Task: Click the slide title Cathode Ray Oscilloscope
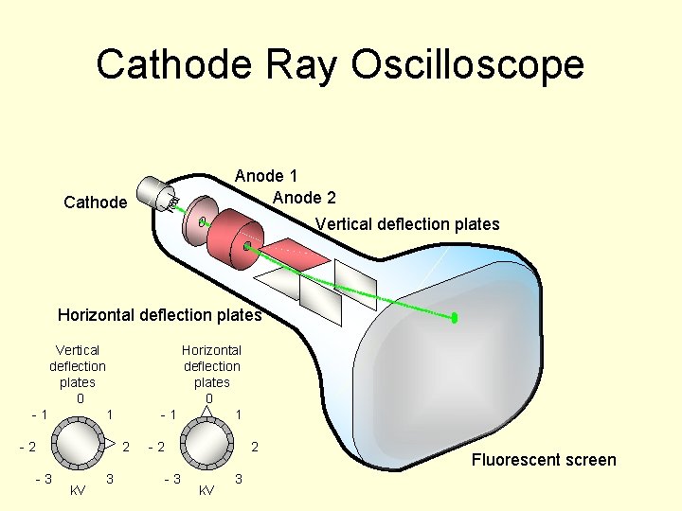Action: (x=340, y=65)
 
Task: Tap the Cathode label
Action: (x=95, y=202)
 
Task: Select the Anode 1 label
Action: (x=266, y=176)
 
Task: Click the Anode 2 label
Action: (x=303, y=198)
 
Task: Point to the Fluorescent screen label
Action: (x=544, y=460)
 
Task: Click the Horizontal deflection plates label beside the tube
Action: (x=159, y=315)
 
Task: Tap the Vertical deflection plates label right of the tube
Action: (x=407, y=224)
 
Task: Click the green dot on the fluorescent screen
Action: (x=455, y=318)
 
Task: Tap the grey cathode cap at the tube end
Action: (x=154, y=194)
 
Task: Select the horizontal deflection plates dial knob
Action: (x=208, y=446)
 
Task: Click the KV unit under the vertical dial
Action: (x=79, y=490)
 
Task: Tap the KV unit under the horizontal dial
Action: (x=206, y=490)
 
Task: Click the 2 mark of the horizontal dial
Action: (x=254, y=446)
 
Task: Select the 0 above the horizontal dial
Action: (x=209, y=398)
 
